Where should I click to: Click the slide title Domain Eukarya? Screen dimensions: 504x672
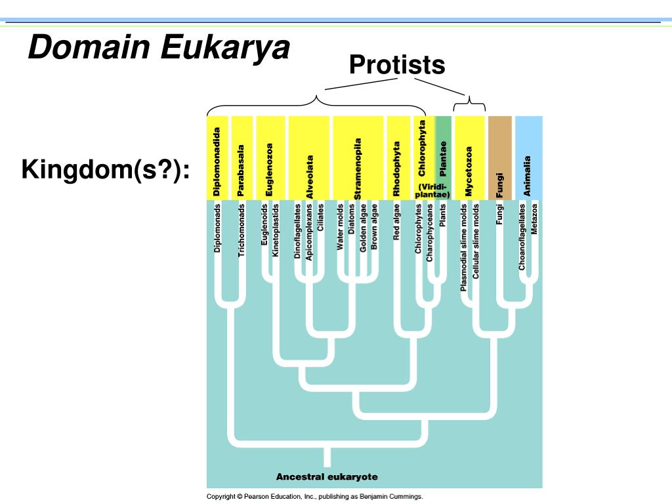(158, 48)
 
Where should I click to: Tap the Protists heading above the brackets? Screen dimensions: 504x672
(397, 64)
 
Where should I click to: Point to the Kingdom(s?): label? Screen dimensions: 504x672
(106, 170)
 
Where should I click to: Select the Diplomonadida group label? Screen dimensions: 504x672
(217, 161)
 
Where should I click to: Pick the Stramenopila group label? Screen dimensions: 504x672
(358, 168)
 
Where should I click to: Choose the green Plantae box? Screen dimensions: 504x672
(443, 157)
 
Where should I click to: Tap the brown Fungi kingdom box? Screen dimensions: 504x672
(500, 157)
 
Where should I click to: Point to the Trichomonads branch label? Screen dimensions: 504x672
(241, 229)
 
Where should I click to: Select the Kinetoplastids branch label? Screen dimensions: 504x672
(276, 230)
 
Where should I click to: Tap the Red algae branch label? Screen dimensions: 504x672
(396, 222)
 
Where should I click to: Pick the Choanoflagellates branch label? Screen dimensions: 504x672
(522, 237)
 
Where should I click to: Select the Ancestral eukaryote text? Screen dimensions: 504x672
(327, 477)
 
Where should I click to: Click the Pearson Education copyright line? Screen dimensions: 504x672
(315, 497)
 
